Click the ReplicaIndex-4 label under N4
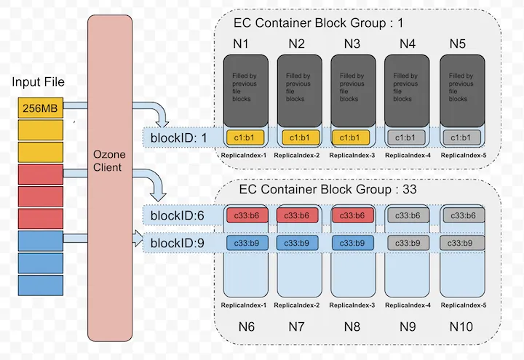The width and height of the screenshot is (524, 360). [406, 156]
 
